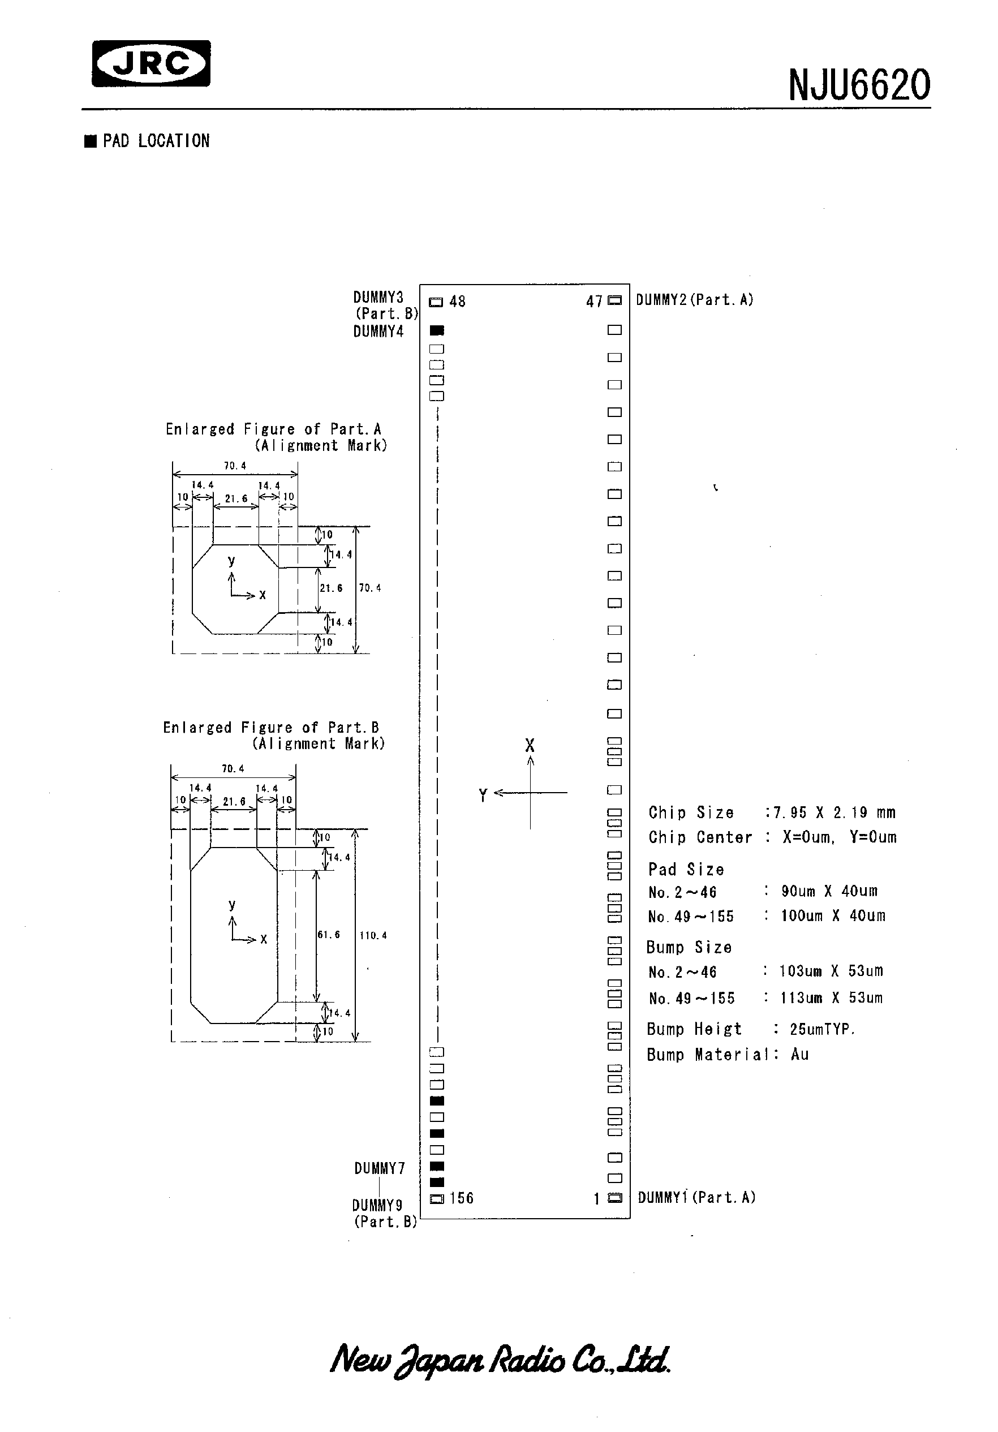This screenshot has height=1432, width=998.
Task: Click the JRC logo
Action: [151, 63]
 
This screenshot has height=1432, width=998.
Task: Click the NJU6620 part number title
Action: [859, 85]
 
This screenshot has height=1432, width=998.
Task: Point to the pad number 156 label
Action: [461, 1198]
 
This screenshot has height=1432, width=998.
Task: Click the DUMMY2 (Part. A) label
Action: [694, 300]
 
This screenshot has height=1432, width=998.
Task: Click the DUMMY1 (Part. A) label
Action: [696, 1198]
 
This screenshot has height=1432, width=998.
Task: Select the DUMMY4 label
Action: [378, 332]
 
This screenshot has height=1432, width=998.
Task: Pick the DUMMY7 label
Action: [379, 1169]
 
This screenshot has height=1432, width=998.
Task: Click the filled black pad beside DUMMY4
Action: [437, 330]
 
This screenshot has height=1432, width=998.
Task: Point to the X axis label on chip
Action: [530, 745]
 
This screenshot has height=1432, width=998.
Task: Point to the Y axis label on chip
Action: [483, 795]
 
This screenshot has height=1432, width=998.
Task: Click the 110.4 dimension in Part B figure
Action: [373, 936]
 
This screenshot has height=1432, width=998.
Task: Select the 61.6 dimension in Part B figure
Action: [329, 935]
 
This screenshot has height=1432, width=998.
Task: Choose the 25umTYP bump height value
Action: [822, 1029]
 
